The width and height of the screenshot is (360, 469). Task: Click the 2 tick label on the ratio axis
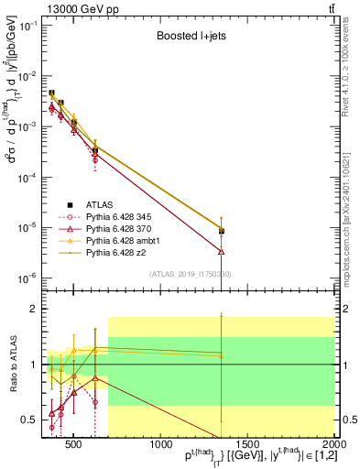coord(37,310)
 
